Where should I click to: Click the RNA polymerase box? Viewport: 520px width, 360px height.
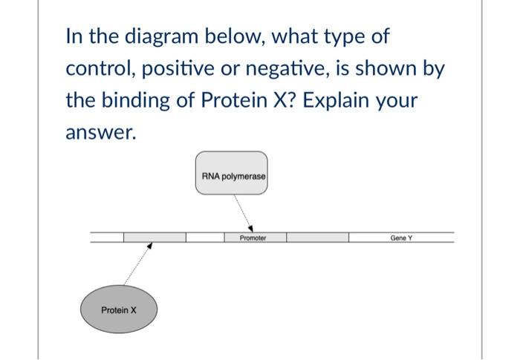pyautogui.click(x=231, y=174)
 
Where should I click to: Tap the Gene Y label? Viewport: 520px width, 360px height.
pyautogui.click(x=401, y=238)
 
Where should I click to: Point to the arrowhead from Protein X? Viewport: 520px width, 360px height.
pyautogui.click(x=149, y=246)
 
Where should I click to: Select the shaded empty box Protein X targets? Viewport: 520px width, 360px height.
pyautogui.click(x=155, y=238)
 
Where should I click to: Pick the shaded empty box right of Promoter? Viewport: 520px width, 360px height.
pyautogui.click(x=317, y=238)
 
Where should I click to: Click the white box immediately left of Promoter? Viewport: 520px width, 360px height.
pyautogui.click(x=205, y=238)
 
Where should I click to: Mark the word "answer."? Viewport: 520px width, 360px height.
pyautogui.click(x=101, y=133)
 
